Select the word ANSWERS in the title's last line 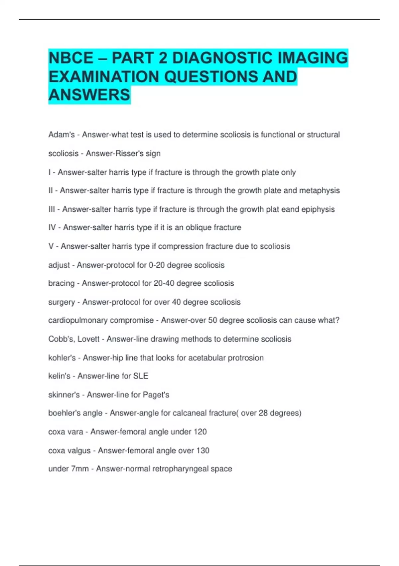pos(89,95)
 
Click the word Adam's pos(62,135)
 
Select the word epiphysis pos(318,209)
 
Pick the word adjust pos(59,265)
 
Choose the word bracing pos(62,283)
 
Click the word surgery pos(62,302)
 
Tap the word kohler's pos(62,358)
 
